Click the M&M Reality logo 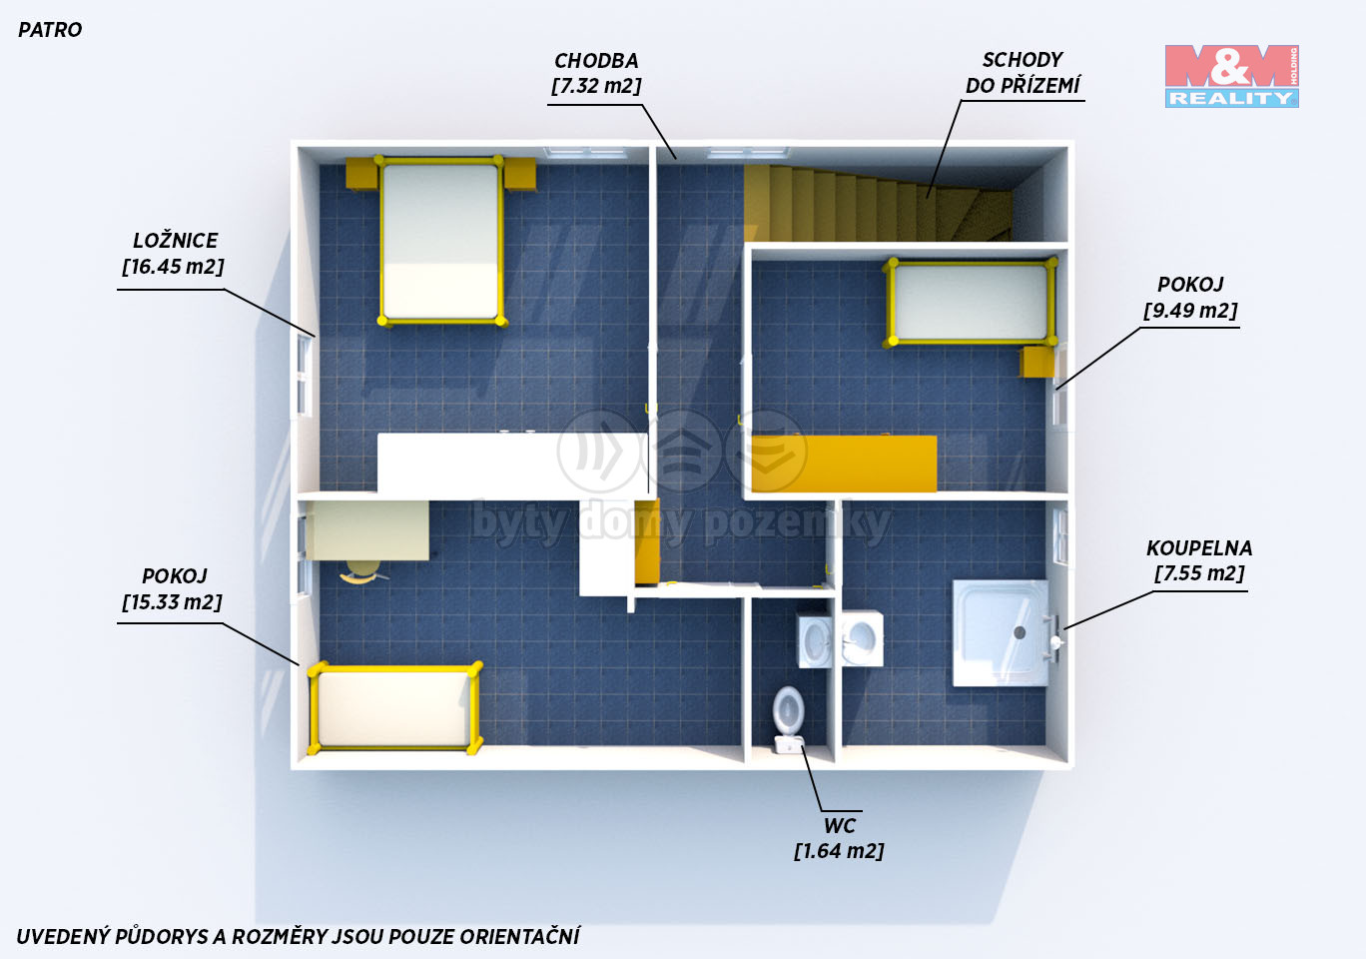pyautogui.click(x=1231, y=76)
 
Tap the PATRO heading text pyautogui.click(x=50, y=30)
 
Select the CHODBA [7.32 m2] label pyautogui.click(x=596, y=73)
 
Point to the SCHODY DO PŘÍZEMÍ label pyautogui.click(x=1023, y=73)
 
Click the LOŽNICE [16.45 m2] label pyautogui.click(x=173, y=253)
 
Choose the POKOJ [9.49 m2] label pyautogui.click(x=1190, y=297)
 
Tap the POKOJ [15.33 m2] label pyautogui.click(x=173, y=588)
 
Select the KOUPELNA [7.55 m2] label pyautogui.click(x=1199, y=560)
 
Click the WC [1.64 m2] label pyautogui.click(x=839, y=838)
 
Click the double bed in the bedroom pyautogui.click(x=441, y=241)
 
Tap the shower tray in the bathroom pyautogui.click(x=1001, y=633)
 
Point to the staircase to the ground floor pyautogui.click(x=878, y=203)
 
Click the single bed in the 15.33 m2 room pyautogui.click(x=395, y=707)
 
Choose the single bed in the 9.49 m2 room pyautogui.click(x=971, y=302)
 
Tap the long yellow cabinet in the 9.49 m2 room pyautogui.click(x=844, y=464)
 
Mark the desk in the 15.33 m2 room pyautogui.click(x=367, y=530)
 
